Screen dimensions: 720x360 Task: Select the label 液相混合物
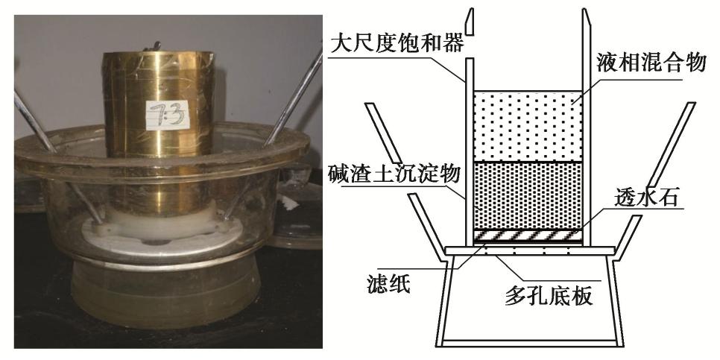[x=651, y=63]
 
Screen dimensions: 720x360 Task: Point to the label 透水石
[x=646, y=198]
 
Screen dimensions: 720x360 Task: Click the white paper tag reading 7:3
[x=167, y=115]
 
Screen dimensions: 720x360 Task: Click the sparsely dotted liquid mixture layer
[x=528, y=126]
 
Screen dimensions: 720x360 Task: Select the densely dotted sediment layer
[x=528, y=195]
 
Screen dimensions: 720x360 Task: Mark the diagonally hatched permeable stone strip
[x=528, y=235]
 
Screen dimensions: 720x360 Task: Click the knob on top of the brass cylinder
[x=153, y=46]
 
